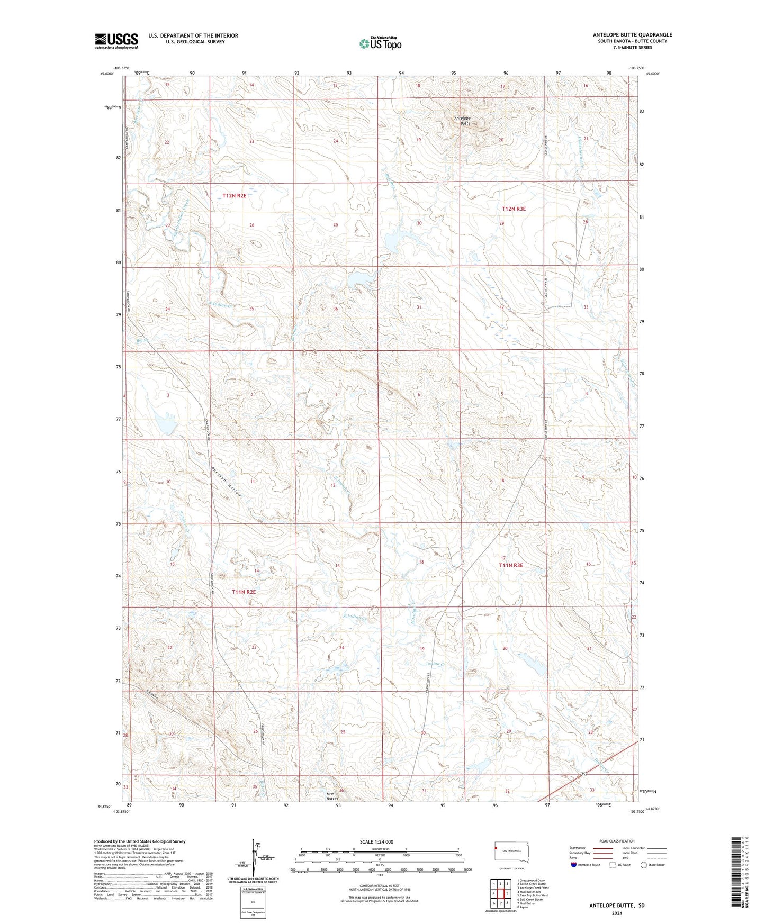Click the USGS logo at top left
pos(116,41)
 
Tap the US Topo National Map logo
pos(380,43)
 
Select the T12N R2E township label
pos(234,195)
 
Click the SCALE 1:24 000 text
pos(376,842)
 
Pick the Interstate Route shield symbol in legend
pos(574,865)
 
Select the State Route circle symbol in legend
pos(644,865)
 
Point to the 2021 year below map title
pos(617,913)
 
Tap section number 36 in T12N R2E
pos(335,309)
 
